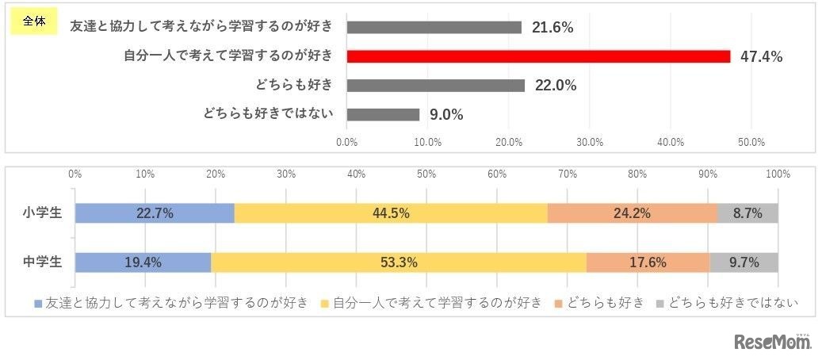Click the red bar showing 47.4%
pos(538,56)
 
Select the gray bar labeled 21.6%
pos(434,27)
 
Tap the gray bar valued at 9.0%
pos(383,114)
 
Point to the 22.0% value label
pos(555,86)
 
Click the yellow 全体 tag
pos(33,22)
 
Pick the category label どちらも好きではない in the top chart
pos(266,114)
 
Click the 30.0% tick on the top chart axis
pos(590,142)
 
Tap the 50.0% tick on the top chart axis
pos(751,142)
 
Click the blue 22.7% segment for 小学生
pos(155,213)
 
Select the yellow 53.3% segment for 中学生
pos(399,262)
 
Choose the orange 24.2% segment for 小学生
pos(632,213)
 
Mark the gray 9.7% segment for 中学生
pos(744,262)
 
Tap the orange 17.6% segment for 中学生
pos(648,262)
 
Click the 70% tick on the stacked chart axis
pos(567,174)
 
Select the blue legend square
pos(38,303)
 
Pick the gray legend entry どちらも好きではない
pos(726,303)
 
